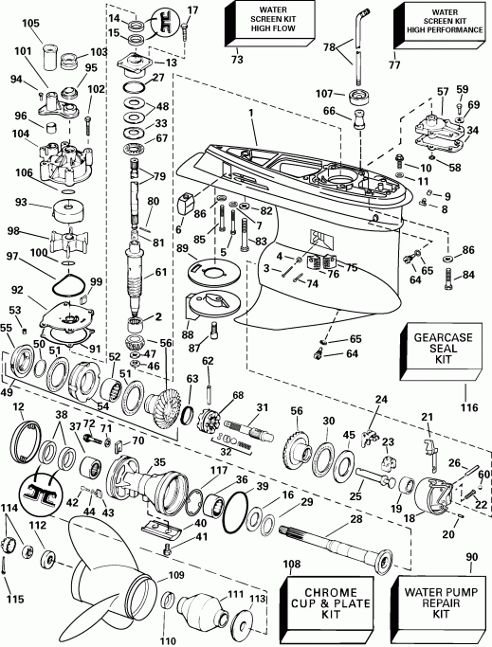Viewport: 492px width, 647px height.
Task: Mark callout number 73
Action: (237, 60)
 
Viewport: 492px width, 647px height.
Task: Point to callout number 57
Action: (442, 93)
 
